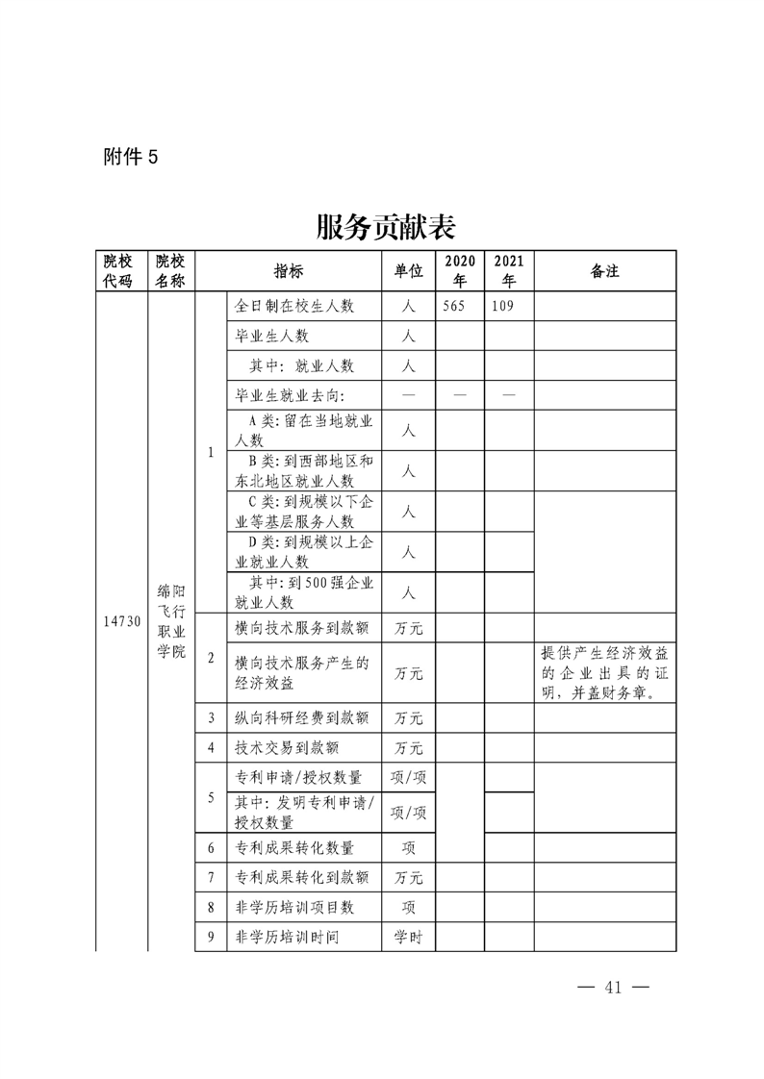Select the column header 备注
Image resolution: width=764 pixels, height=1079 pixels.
(604, 271)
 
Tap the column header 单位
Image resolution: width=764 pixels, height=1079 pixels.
(408, 271)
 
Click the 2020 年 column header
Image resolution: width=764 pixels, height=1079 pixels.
(459, 271)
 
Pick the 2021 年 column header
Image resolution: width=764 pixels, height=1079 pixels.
(508, 271)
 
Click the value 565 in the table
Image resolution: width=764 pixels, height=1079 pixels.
(454, 307)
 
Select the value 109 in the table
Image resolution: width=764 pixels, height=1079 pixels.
(502, 307)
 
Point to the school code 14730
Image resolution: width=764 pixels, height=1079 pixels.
(122, 621)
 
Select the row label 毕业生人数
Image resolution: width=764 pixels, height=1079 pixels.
(272, 337)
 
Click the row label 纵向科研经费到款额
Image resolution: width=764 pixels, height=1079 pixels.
(302, 717)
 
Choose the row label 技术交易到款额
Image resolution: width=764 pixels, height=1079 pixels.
(288, 747)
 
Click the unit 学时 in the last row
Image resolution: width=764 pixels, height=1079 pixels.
(408, 937)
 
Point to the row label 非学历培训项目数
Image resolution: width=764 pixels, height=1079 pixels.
(295, 907)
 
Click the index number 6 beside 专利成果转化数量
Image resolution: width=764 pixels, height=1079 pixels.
(211, 847)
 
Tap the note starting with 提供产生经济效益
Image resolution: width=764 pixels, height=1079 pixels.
(604, 672)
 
